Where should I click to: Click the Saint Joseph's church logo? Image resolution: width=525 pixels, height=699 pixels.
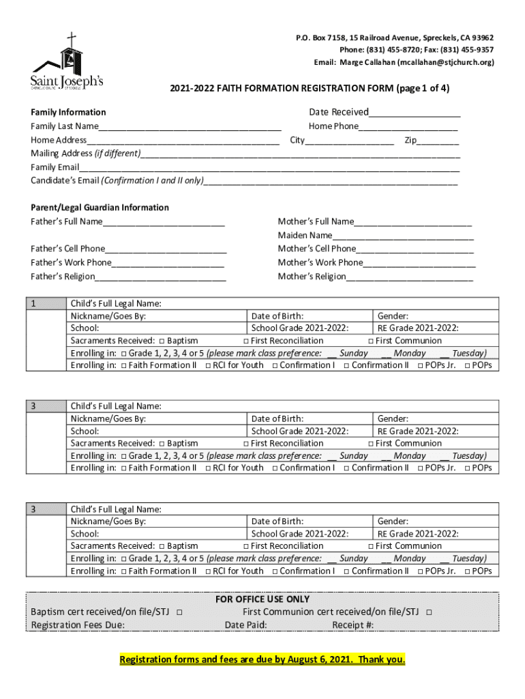click(66, 63)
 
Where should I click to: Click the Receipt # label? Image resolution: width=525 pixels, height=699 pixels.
click(352, 625)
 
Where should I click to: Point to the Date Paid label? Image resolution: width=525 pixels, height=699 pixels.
click(245, 625)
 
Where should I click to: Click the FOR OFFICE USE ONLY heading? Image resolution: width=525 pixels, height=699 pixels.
click(262, 599)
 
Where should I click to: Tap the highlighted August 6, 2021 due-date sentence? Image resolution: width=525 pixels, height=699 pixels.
click(262, 660)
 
